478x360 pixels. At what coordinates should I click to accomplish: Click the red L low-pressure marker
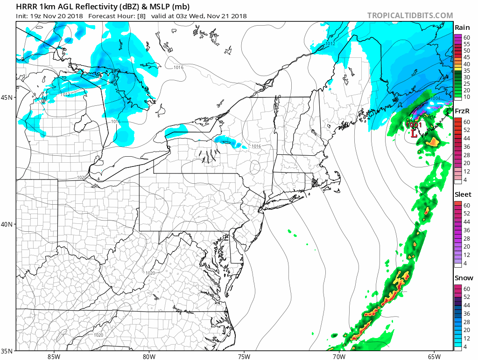(x=414, y=134)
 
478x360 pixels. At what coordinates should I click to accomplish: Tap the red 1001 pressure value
(x=414, y=125)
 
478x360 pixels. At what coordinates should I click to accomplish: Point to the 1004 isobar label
(x=435, y=98)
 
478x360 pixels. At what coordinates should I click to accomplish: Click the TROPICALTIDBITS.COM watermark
(x=410, y=15)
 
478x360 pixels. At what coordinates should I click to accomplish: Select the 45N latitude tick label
(x=7, y=97)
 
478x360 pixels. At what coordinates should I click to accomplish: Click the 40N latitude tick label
(x=7, y=224)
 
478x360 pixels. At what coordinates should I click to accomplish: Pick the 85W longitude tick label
(x=54, y=357)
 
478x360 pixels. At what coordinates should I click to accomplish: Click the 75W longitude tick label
(x=244, y=357)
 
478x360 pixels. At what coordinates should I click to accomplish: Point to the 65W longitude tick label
(x=434, y=357)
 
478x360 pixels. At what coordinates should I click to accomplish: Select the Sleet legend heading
(x=463, y=194)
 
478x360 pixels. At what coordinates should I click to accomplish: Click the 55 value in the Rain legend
(x=467, y=43)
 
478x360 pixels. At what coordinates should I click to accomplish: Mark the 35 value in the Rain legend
(x=467, y=70)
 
